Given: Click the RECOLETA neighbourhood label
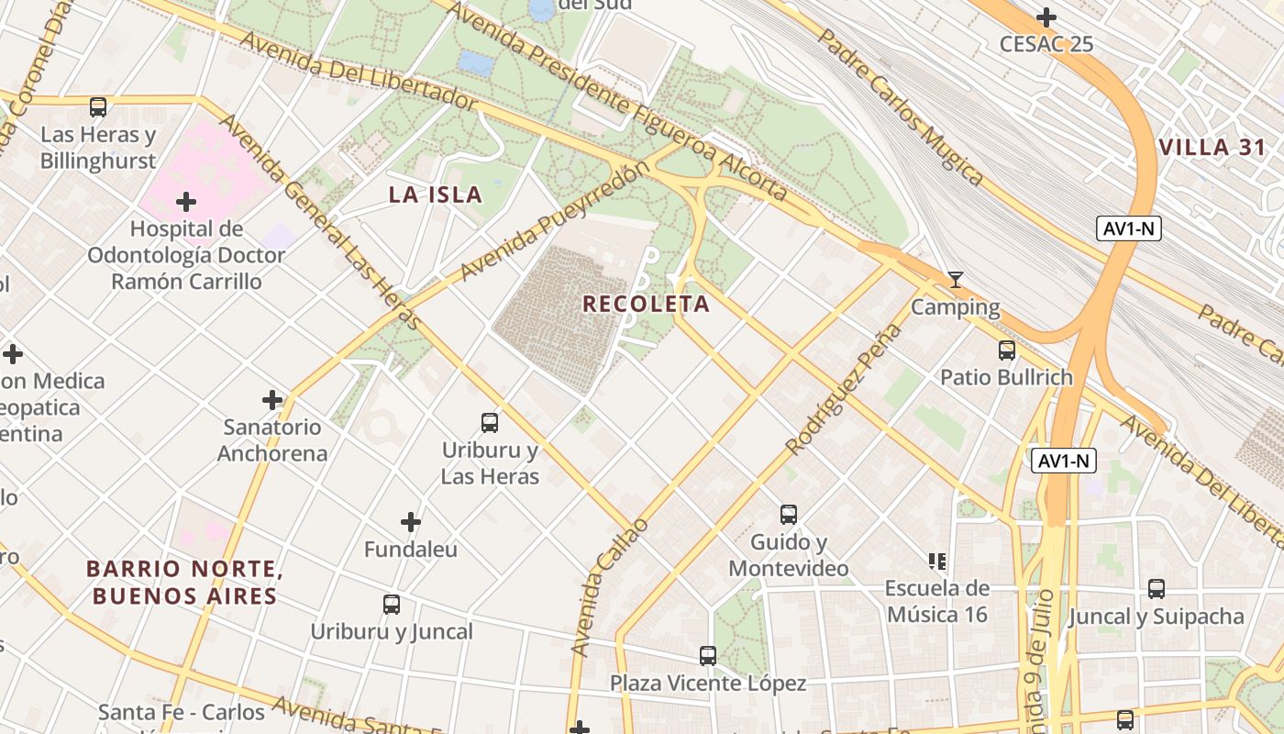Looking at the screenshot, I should click(647, 304).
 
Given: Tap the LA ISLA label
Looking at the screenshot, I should click(436, 195).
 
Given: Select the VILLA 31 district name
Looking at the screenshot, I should click(1212, 148).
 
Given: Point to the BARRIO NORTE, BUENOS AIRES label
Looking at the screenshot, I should click(183, 583).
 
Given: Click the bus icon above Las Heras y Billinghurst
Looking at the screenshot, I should click(98, 107).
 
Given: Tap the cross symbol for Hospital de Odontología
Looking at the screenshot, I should click(186, 201).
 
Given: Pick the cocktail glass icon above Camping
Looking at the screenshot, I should click(956, 280).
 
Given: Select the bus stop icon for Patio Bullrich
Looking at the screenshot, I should click(1007, 350).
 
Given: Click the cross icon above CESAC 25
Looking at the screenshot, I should click(1046, 17).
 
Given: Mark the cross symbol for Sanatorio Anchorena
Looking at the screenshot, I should click(272, 400).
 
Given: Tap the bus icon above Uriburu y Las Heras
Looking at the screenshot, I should click(490, 423).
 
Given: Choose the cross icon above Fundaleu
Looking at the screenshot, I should click(411, 522).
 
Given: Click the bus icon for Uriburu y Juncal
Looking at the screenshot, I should click(392, 605).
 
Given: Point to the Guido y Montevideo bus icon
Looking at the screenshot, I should click(789, 515).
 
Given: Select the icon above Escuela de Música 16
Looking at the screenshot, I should click(936, 561).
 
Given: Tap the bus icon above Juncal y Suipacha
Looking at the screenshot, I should click(1157, 589).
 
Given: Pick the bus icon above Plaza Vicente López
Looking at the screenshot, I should click(708, 656).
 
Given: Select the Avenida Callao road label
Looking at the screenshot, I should click(609, 587).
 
